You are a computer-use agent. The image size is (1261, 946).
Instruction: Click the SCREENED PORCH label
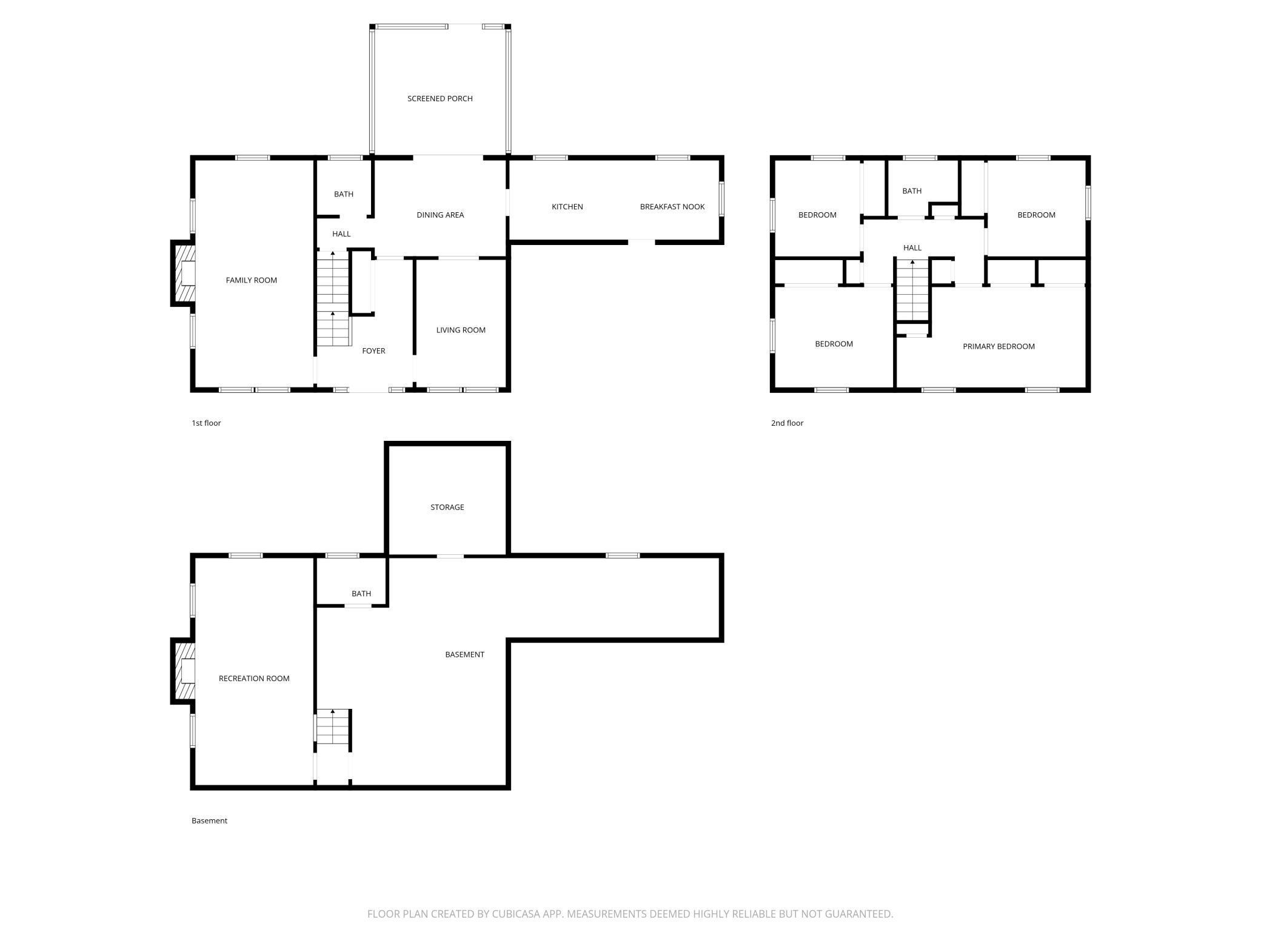pyautogui.click(x=440, y=98)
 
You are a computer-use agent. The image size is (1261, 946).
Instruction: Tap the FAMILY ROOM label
pyautogui.click(x=251, y=280)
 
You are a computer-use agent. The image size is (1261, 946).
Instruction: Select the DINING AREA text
pyautogui.click(x=440, y=215)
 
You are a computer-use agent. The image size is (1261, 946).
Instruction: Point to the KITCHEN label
pyautogui.click(x=567, y=207)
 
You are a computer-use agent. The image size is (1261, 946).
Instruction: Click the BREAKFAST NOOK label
pyautogui.click(x=672, y=207)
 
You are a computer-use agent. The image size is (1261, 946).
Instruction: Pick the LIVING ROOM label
pyautogui.click(x=461, y=330)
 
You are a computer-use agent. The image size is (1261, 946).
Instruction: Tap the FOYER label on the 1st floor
pyautogui.click(x=373, y=351)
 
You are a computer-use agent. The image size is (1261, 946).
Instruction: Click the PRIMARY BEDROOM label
pyautogui.click(x=998, y=346)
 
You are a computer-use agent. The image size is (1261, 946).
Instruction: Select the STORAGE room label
pyautogui.click(x=447, y=507)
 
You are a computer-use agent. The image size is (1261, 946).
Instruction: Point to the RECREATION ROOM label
pyautogui.click(x=254, y=679)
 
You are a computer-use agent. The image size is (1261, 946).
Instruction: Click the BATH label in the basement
pyautogui.click(x=361, y=594)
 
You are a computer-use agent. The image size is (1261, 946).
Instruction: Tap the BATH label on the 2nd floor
pyautogui.click(x=912, y=191)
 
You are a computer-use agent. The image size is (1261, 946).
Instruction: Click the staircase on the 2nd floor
pyautogui.click(x=912, y=289)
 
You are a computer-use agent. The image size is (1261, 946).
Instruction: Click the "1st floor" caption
pyautogui.click(x=206, y=423)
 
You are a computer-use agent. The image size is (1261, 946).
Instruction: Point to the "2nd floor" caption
pyautogui.click(x=787, y=423)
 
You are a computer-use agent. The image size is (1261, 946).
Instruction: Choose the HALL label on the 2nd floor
pyautogui.click(x=912, y=247)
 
